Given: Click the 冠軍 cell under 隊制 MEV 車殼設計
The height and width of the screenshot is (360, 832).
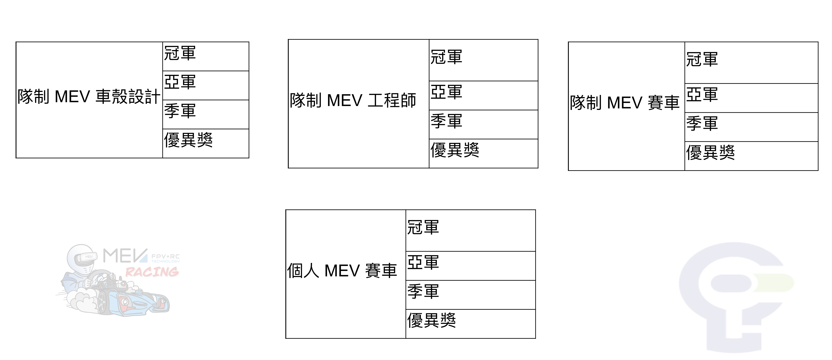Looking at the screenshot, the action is [x=180, y=53].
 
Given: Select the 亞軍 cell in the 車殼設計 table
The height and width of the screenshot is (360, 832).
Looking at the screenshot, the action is [x=180, y=82].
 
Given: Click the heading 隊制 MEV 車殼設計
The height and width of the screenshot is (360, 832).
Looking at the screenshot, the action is [x=89, y=97].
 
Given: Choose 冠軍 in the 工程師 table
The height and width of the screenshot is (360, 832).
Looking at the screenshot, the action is [x=446, y=57].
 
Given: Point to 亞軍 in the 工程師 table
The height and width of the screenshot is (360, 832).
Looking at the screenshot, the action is [x=446, y=92].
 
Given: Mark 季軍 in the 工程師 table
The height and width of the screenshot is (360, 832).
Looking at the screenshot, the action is [x=446, y=121].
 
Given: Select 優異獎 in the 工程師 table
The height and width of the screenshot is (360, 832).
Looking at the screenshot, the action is [x=455, y=150].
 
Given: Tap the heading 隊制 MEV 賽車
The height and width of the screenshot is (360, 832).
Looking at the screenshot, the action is [x=625, y=103].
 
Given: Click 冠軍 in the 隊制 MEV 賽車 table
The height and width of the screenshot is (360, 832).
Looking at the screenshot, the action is [x=702, y=59].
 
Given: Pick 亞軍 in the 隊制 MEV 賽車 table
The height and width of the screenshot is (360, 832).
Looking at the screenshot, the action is [x=702, y=95].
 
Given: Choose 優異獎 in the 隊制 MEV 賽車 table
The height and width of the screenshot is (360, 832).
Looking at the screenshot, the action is [x=710, y=152].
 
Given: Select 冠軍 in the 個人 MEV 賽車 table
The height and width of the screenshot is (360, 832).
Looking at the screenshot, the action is [x=423, y=228].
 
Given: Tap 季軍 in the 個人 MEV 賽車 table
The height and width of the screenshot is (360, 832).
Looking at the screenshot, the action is [x=423, y=291].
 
